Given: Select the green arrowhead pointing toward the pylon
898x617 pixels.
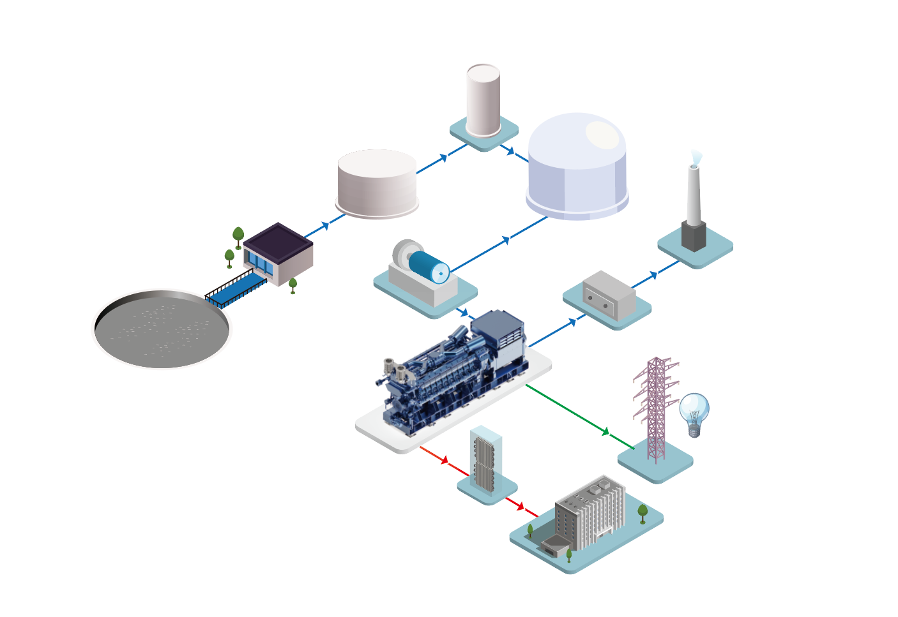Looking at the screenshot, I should tap(605, 432).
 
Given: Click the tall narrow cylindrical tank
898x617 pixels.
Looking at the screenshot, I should tap(483, 100).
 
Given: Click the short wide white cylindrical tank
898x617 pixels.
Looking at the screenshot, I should tap(377, 182).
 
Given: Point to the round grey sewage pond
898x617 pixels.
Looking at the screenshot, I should tap(162, 329).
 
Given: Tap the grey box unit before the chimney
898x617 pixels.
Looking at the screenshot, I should tap(609, 295).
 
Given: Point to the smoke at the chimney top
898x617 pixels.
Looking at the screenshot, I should tap(696, 157).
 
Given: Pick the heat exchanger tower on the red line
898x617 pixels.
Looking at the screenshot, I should tap(486, 460).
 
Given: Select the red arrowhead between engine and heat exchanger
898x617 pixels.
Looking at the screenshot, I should tap(445, 460).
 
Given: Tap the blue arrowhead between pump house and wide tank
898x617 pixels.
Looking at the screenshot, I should tap(326, 225).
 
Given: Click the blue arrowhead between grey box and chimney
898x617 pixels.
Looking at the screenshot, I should tap(653, 275).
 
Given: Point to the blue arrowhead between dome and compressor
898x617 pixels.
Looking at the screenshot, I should tap(506, 240).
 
